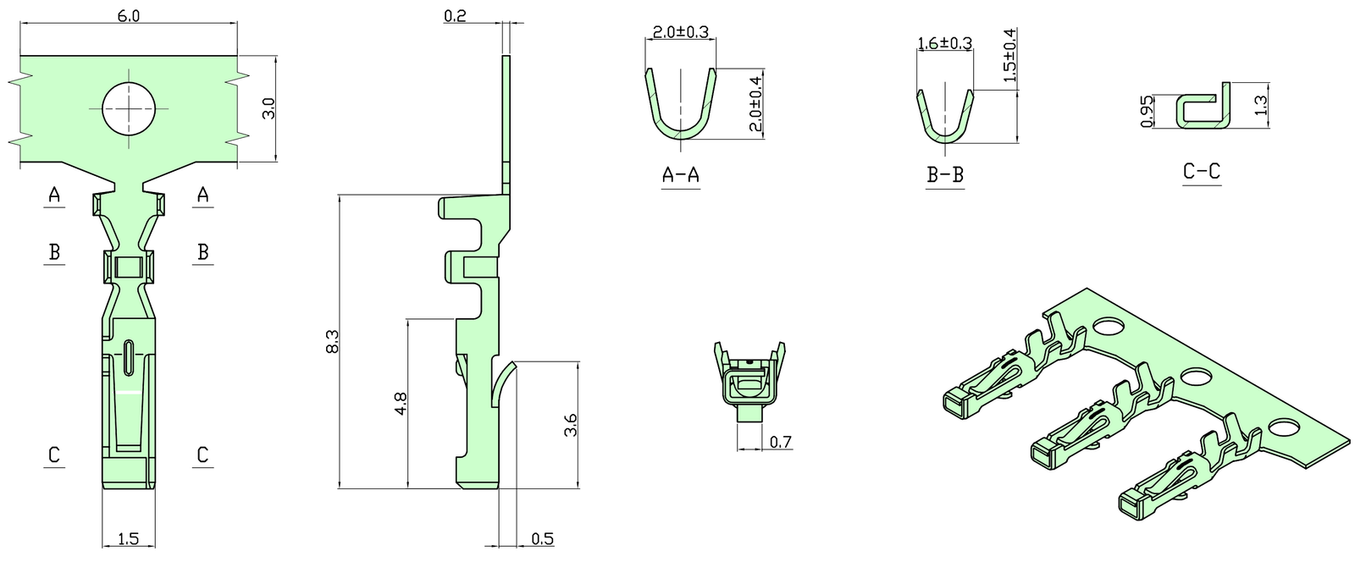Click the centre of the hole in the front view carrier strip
click(129, 108)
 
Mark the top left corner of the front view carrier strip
click(20, 56)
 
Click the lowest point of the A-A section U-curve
click(681, 137)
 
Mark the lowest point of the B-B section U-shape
click(945, 142)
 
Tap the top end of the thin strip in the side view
click(506, 56)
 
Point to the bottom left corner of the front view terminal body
click(102, 488)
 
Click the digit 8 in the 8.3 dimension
click(333, 350)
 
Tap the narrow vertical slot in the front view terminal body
click(129, 358)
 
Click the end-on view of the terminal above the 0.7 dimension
click(749, 382)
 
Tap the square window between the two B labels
click(129, 267)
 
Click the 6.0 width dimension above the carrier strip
click(128, 16)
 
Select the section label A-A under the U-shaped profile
click(681, 174)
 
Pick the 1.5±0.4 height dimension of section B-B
click(1009, 55)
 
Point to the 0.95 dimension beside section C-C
click(1147, 112)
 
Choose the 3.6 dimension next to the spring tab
click(570, 425)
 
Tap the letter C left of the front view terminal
click(54, 455)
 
